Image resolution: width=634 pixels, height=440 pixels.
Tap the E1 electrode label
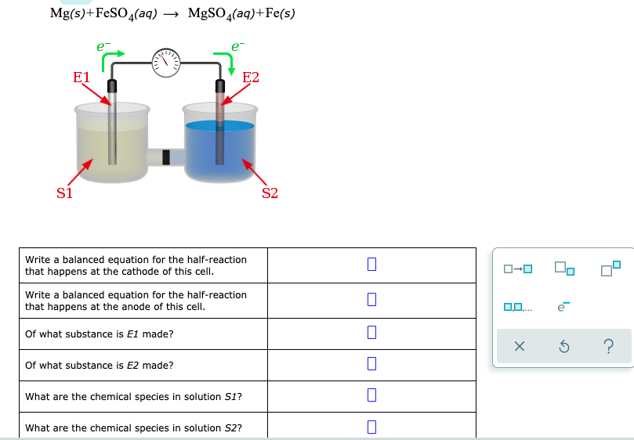(x=81, y=78)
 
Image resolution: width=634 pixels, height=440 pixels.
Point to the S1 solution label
(x=64, y=193)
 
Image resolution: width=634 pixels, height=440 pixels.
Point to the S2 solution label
(x=270, y=193)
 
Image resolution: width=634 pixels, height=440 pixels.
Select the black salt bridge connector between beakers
(x=165, y=157)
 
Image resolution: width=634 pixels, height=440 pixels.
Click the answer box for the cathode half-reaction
(x=371, y=265)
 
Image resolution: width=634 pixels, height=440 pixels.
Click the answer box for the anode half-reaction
(x=371, y=300)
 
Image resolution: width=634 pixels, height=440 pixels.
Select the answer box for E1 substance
(x=371, y=334)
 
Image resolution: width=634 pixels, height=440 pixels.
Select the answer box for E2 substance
(x=371, y=365)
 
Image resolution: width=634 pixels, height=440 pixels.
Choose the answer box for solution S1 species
(x=371, y=396)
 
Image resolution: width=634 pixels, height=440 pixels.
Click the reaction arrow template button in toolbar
(x=518, y=270)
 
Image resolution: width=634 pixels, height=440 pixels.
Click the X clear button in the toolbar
(x=518, y=347)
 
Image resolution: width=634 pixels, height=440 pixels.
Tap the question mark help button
(x=608, y=347)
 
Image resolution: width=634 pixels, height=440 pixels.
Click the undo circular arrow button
(x=563, y=347)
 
